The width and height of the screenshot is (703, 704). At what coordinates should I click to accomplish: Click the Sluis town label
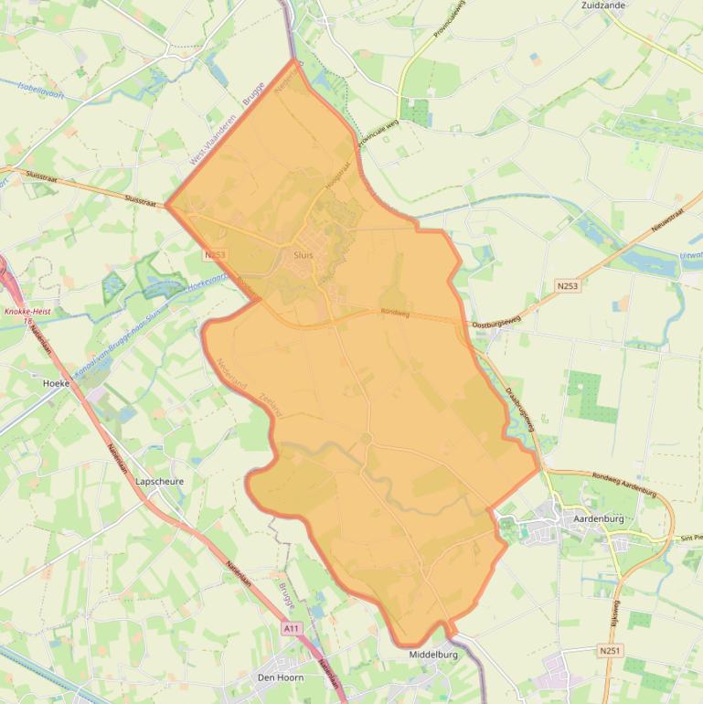tap(304, 255)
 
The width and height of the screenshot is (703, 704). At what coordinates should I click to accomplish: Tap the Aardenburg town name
tap(598, 518)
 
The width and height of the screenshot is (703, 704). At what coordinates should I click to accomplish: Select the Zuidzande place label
tap(603, 5)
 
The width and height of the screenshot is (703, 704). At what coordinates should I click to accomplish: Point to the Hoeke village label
tap(56, 383)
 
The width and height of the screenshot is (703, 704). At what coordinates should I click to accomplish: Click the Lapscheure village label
tap(159, 481)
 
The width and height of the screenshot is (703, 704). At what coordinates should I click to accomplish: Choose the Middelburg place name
tap(433, 655)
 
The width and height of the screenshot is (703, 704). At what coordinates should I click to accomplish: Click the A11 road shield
tap(292, 629)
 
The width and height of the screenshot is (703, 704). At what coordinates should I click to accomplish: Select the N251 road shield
tap(610, 650)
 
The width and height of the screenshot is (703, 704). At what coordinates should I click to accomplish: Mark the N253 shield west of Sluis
tap(215, 255)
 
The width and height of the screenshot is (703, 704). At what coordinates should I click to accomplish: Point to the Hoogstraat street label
tap(338, 176)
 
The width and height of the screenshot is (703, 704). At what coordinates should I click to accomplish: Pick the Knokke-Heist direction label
tap(27, 311)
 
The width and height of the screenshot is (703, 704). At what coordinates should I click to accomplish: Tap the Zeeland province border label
tap(272, 405)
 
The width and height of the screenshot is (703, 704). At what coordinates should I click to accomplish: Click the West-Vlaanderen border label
tap(211, 139)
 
